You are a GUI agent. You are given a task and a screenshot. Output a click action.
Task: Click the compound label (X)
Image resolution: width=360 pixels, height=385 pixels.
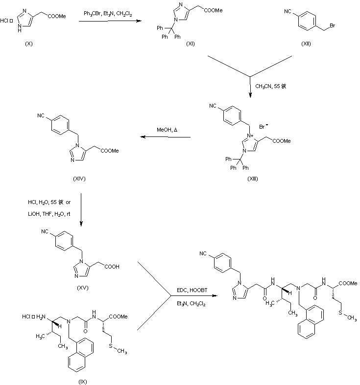coord(29,44)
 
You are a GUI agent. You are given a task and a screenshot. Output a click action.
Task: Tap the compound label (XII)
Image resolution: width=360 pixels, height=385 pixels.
coord(307,44)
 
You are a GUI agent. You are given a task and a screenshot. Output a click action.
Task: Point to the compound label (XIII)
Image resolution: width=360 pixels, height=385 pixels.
coord(253,179)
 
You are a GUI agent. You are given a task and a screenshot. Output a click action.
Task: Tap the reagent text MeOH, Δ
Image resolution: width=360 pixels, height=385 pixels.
coord(167,130)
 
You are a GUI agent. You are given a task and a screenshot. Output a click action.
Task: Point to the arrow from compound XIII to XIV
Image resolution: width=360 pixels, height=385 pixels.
coord(166,138)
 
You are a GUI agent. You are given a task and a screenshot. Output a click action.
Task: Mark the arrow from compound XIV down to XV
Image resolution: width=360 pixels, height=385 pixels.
coord(81,211)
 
